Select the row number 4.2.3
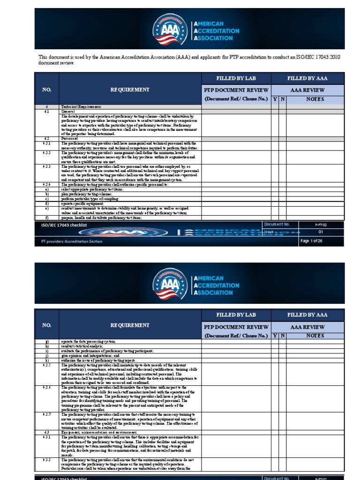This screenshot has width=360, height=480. (x=47, y=166)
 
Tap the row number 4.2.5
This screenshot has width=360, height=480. (x=47, y=365)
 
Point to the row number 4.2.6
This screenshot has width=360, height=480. (x=47, y=388)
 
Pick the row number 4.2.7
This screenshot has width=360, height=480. (x=47, y=414)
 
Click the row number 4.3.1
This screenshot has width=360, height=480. (x=47, y=437)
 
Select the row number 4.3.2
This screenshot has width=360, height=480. (x=47, y=460)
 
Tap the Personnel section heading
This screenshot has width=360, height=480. (x=70, y=139)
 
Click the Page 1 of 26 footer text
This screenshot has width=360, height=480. (x=311, y=241)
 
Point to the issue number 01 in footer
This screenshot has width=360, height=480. (x=321, y=232)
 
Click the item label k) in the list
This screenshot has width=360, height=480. (x=47, y=360)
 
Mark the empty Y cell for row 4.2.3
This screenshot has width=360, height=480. (x=275, y=173)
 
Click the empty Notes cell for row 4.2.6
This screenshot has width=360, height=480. (x=315, y=398)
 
